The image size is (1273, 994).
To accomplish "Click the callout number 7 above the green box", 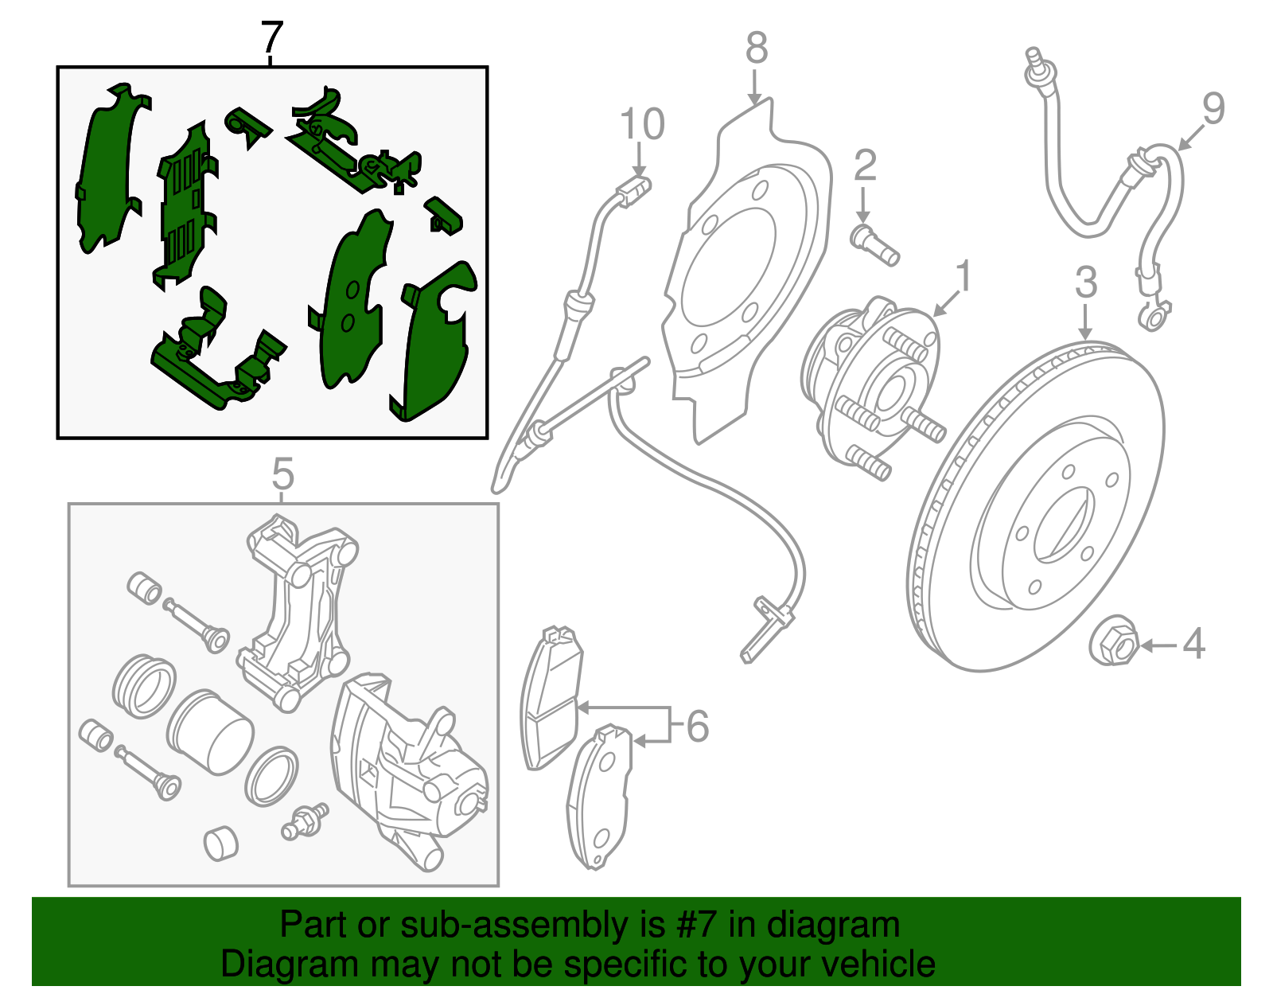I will [271, 37].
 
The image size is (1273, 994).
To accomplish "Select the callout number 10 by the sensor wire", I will [642, 125].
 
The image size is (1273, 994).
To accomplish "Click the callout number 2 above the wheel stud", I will [865, 166].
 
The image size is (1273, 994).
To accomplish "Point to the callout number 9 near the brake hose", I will [1213, 109].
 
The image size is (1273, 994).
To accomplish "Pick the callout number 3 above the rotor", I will [1086, 283].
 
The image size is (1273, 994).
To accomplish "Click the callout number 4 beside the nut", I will [1193, 644].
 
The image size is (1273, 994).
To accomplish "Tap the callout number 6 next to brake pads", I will [697, 727].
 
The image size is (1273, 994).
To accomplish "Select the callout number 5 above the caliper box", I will [282, 475].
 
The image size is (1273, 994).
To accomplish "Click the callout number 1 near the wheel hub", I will [964, 276].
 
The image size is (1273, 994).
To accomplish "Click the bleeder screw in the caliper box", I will [305, 821].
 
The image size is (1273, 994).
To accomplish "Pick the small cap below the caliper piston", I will [220, 844].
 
